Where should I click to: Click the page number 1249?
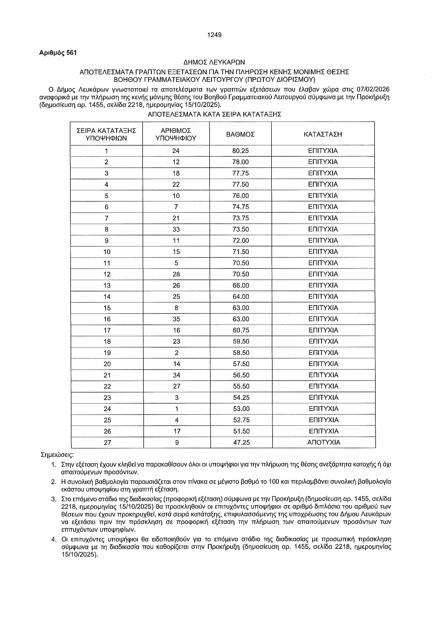click(x=214, y=35)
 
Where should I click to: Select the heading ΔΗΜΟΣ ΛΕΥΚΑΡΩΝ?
click(x=214, y=62)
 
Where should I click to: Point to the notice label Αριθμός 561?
click(x=58, y=53)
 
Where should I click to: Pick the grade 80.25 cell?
click(x=241, y=151)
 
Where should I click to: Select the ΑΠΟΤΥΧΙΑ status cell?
click(x=324, y=442)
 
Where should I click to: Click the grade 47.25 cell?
click(x=241, y=442)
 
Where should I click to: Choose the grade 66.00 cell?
click(x=241, y=285)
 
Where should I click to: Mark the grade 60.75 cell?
click(x=241, y=330)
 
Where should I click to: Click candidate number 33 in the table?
click(x=176, y=229)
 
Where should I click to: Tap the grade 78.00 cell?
click(x=241, y=162)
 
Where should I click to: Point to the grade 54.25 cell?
click(x=241, y=397)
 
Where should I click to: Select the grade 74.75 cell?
click(x=241, y=207)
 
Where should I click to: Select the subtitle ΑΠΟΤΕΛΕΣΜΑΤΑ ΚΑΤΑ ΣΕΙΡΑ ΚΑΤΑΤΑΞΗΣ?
click(x=214, y=115)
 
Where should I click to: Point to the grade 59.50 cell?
click(x=241, y=342)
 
